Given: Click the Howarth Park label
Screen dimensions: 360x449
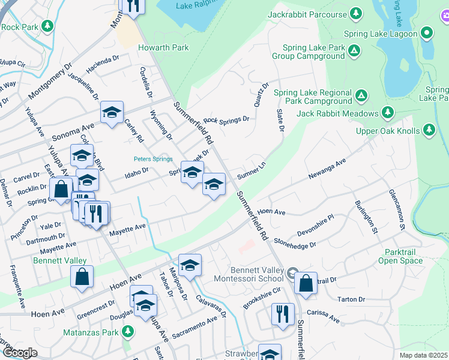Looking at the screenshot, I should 163,47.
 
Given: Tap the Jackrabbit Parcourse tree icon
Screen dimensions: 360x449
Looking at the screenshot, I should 356,14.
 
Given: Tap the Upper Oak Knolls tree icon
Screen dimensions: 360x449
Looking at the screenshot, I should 429,129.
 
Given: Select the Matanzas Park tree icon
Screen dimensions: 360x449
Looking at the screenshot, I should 127,331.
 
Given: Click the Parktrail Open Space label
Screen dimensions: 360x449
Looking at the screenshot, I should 400,256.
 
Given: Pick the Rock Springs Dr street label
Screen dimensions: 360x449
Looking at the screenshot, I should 226,120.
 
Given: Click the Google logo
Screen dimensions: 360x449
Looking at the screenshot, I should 19,353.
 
